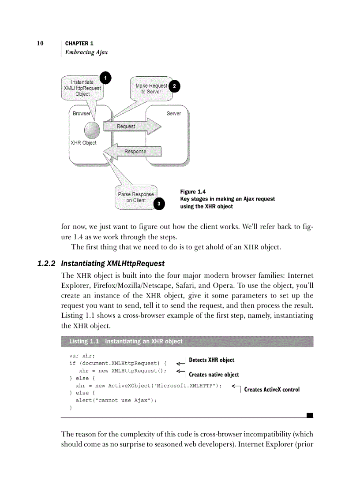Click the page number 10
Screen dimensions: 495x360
pos(40,44)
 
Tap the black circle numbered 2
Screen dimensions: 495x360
pos(174,86)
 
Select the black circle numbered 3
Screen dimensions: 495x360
pos(158,204)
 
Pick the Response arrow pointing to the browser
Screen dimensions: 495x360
pos(132,152)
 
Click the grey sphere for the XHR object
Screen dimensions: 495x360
pos(92,130)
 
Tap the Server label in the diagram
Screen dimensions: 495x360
pos(174,113)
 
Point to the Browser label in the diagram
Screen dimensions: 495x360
pos(82,113)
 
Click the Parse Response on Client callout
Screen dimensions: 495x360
pos(135,197)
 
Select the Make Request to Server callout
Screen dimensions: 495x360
pos(151,89)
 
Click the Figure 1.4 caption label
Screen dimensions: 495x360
pos(193,192)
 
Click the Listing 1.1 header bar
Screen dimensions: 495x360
pos(187,342)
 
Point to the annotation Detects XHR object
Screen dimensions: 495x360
pos(211,360)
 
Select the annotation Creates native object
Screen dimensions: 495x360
pos(214,375)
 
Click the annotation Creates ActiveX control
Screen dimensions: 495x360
pos(272,390)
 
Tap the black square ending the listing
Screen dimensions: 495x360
pos(310,415)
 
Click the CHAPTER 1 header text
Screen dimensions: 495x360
pos(79,44)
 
